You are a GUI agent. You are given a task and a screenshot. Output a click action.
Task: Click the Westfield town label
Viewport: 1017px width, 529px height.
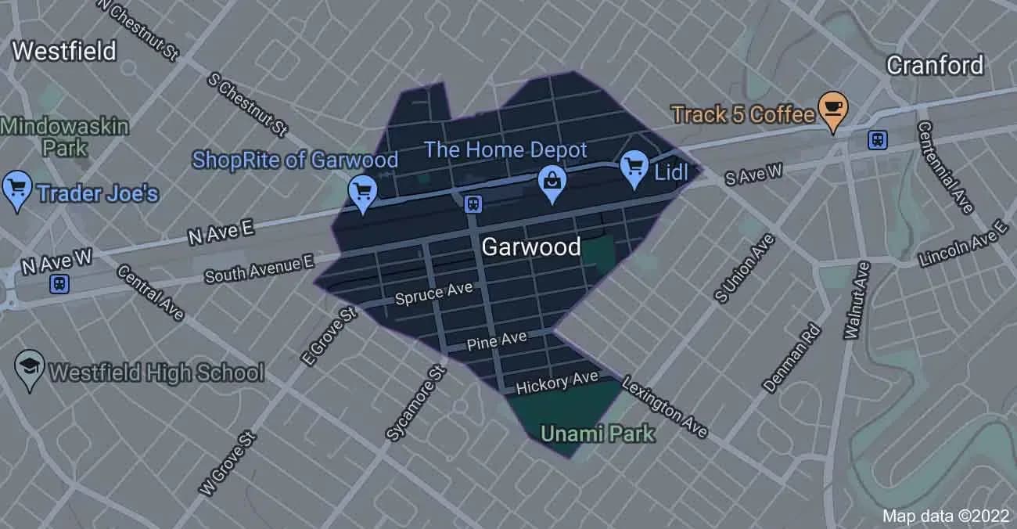click(x=64, y=52)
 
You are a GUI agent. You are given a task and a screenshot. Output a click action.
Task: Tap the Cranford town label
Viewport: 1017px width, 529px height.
click(x=934, y=65)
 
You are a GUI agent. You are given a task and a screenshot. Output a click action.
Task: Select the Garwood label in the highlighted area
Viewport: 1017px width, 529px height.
click(x=530, y=247)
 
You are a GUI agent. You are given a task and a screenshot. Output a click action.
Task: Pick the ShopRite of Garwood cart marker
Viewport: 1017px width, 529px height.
click(x=363, y=192)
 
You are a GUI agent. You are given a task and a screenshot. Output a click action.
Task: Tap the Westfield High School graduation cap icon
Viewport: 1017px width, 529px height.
click(x=30, y=368)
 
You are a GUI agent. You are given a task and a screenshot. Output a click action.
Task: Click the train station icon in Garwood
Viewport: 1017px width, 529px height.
click(x=473, y=204)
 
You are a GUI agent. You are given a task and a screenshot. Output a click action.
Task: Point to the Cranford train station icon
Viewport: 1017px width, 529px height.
click(x=878, y=140)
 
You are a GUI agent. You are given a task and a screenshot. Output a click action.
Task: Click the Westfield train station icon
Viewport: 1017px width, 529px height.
click(x=59, y=283)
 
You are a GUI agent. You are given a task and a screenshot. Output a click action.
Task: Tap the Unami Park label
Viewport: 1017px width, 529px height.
click(x=598, y=433)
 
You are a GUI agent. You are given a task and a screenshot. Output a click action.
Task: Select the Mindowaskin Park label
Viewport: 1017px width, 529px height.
click(x=64, y=135)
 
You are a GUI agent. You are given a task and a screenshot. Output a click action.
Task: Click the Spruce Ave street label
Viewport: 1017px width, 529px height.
click(x=434, y=293)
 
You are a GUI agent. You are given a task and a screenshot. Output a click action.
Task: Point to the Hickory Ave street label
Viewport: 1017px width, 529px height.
click(x=556, y=382)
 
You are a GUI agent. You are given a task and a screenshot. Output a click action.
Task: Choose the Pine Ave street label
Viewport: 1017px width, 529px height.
click(x=497, y=340)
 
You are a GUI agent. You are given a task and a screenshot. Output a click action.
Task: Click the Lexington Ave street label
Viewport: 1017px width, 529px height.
click(x=664, y=406)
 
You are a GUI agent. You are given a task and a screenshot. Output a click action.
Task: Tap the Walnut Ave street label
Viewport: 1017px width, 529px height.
click(x=857, y=300)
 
